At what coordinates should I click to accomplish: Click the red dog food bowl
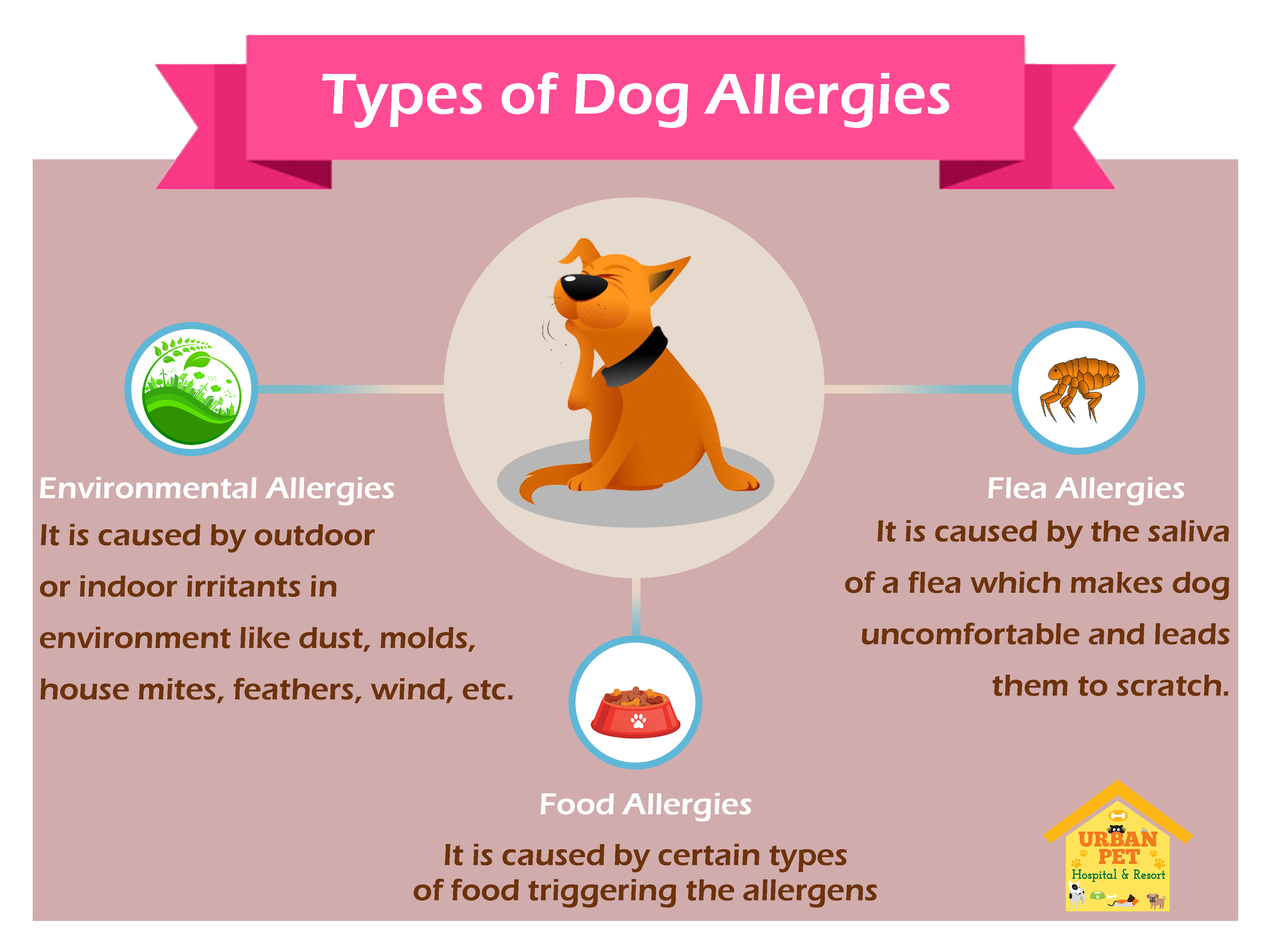pos(636,711)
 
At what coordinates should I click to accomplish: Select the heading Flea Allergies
pos(1085,489)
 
